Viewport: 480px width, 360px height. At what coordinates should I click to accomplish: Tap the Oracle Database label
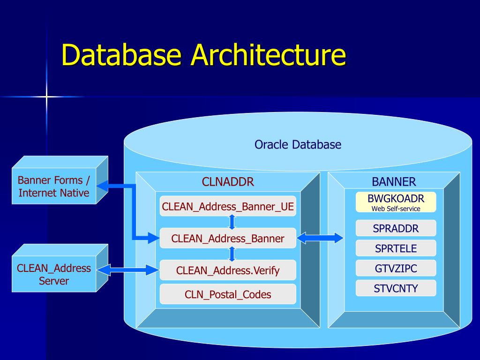[x=298, y=144]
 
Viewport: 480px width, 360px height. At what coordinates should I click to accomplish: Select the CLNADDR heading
[x=228, y=182]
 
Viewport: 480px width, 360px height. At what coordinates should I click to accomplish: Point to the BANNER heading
[x=394, y=182]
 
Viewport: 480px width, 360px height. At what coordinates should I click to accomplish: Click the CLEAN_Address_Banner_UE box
[x=228, y=206]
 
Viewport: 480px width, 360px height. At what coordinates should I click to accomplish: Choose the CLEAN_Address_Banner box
[x=228, y=238]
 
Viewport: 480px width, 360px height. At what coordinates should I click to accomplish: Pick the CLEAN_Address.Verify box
[x=228, y=270]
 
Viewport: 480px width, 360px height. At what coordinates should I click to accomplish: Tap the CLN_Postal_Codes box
[x=228, y=294]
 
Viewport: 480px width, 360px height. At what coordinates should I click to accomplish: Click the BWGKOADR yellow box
[x=396, y=202]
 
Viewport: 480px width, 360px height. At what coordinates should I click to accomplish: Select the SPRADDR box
[x=396, y=228]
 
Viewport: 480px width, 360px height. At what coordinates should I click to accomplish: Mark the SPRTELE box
[x=396, y=248]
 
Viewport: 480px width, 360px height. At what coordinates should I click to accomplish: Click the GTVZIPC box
[x=396, y=268]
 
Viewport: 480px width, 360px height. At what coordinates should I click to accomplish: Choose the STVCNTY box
[x=396, y=288]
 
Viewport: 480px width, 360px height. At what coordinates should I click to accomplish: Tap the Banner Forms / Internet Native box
[x=54, y=186]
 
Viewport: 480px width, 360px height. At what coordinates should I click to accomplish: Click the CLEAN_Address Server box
[x=54, y=274]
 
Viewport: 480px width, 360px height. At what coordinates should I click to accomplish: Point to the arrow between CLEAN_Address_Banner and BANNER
[x=320, y=238]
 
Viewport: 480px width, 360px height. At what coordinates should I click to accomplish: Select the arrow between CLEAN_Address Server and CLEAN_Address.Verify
[x=128, y=270]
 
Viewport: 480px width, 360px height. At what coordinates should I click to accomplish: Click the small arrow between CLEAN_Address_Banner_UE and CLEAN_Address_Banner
[x=232, y=222]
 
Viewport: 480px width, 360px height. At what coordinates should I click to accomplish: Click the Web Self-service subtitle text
[x=396, y=209]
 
